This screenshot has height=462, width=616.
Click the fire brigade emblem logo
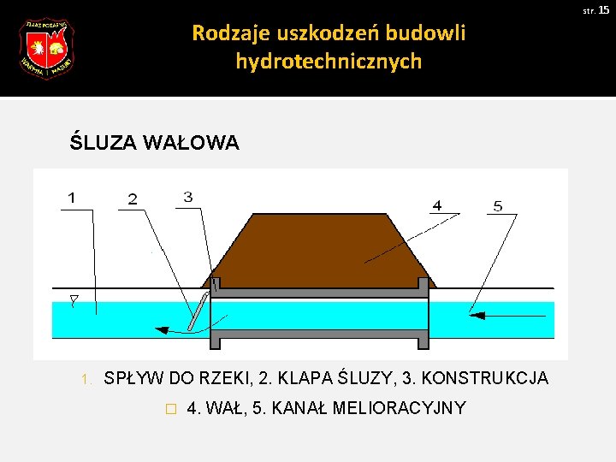click(x=46, y=49)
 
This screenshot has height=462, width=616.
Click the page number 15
click(x=603, y=9)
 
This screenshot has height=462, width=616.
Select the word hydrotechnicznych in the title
click(x=329, y=62)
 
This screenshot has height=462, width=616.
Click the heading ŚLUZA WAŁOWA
click(x=154, y=143)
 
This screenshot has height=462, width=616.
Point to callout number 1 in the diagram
click(x=72, y=198)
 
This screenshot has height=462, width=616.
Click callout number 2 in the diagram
click(x=132, y=199)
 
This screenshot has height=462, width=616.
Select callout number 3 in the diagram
click(x=187, y=197)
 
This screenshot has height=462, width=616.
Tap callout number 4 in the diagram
click(x=437, y=205)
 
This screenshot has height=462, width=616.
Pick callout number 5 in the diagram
click(x=498, y=205)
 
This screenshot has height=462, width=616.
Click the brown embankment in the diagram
click(x=317, y=248)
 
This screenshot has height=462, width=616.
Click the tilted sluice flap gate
click(x=198, y=311)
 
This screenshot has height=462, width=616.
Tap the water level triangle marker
click(x=74, y=301)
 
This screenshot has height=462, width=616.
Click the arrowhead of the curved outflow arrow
click(x=159, y=328)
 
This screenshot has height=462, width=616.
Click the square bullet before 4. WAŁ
click(x=171, y=409)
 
